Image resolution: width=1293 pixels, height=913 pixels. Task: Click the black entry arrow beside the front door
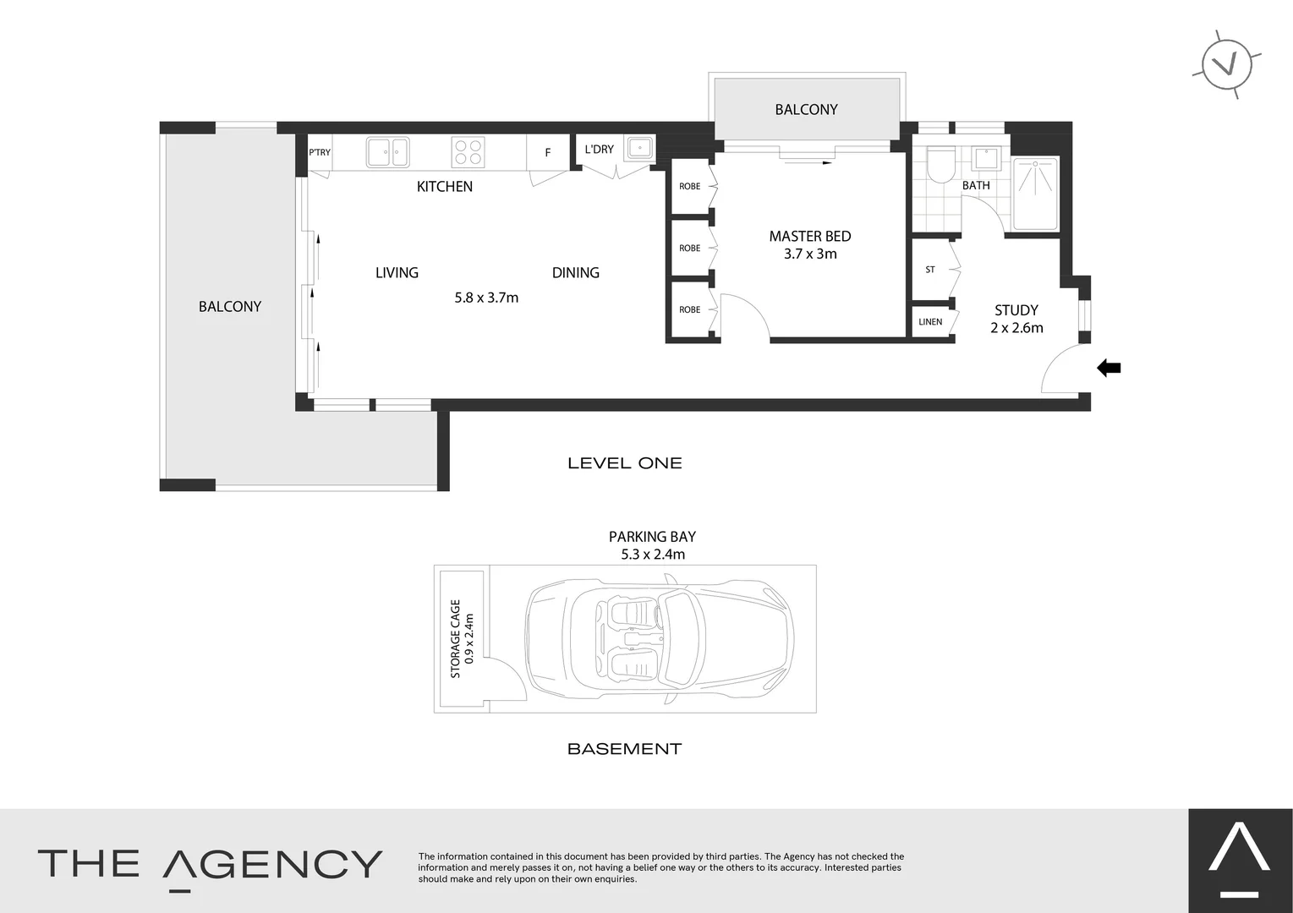coord(1109,368)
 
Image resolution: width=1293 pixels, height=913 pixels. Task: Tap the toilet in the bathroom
coord(940,165)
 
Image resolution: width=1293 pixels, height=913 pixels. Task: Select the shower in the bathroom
coord(1035,193)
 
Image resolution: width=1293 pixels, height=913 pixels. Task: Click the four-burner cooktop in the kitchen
coord(468,152)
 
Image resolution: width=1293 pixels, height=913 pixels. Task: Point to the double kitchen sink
coord(387,152)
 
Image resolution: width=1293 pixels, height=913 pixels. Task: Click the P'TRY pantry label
coord(320,153)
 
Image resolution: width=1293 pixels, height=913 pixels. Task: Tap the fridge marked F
coord(548,153)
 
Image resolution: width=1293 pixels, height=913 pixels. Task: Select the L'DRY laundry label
coord(599,150)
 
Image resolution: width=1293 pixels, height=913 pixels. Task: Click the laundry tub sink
coord(639,149)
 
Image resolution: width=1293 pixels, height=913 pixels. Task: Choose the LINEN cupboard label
coord(930,322)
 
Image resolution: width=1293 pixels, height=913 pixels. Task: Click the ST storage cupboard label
coord(930,270)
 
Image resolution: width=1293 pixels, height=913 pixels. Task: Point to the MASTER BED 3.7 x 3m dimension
coord(810,254)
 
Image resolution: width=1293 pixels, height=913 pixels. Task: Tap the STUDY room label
coord(1016,310)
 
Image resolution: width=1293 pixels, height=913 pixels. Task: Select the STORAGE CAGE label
coord(456,638)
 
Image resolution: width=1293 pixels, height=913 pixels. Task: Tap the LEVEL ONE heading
coord(625,463)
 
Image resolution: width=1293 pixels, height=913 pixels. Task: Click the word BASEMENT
coord(624,749)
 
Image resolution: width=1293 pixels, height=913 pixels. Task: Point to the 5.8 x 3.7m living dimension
coord(486,298)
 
